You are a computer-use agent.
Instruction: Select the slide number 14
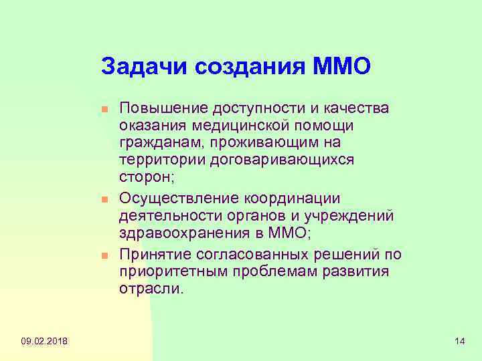coord(459,342)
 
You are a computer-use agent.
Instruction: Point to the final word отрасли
coord(150,290)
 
